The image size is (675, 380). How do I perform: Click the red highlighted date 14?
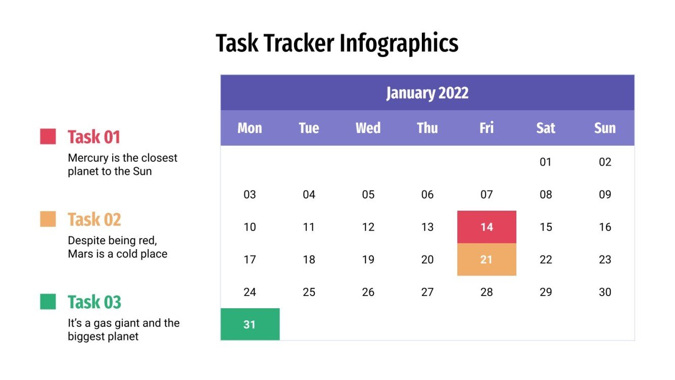[x=487, y=227]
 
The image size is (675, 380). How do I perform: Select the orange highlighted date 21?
[x=487, y=259]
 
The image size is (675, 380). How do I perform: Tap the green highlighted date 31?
[x=250, y=324]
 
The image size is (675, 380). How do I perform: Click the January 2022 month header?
[x=427, y=93]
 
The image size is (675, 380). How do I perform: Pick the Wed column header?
[x=368, y=128]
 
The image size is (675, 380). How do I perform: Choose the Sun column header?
[x=605, y=128]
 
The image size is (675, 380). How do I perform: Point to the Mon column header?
[x=250, y=128]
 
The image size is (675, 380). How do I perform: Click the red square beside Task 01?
[x=48, y=136]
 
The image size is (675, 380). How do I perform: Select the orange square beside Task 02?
[x=48, y=219]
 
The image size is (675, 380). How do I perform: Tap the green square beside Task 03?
[x=48, y=302]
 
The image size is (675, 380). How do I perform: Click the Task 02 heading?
[x=94, y=220]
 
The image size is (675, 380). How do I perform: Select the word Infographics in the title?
[x=399, y=43]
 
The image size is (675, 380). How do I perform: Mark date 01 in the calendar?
[x=546, y=162]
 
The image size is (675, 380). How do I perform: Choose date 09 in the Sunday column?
[x=605, y=195]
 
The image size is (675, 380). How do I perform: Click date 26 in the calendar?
[x=368, y=292]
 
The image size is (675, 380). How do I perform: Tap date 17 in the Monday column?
[x=250, y=259]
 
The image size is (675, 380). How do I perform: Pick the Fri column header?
[x=487, y=128]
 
